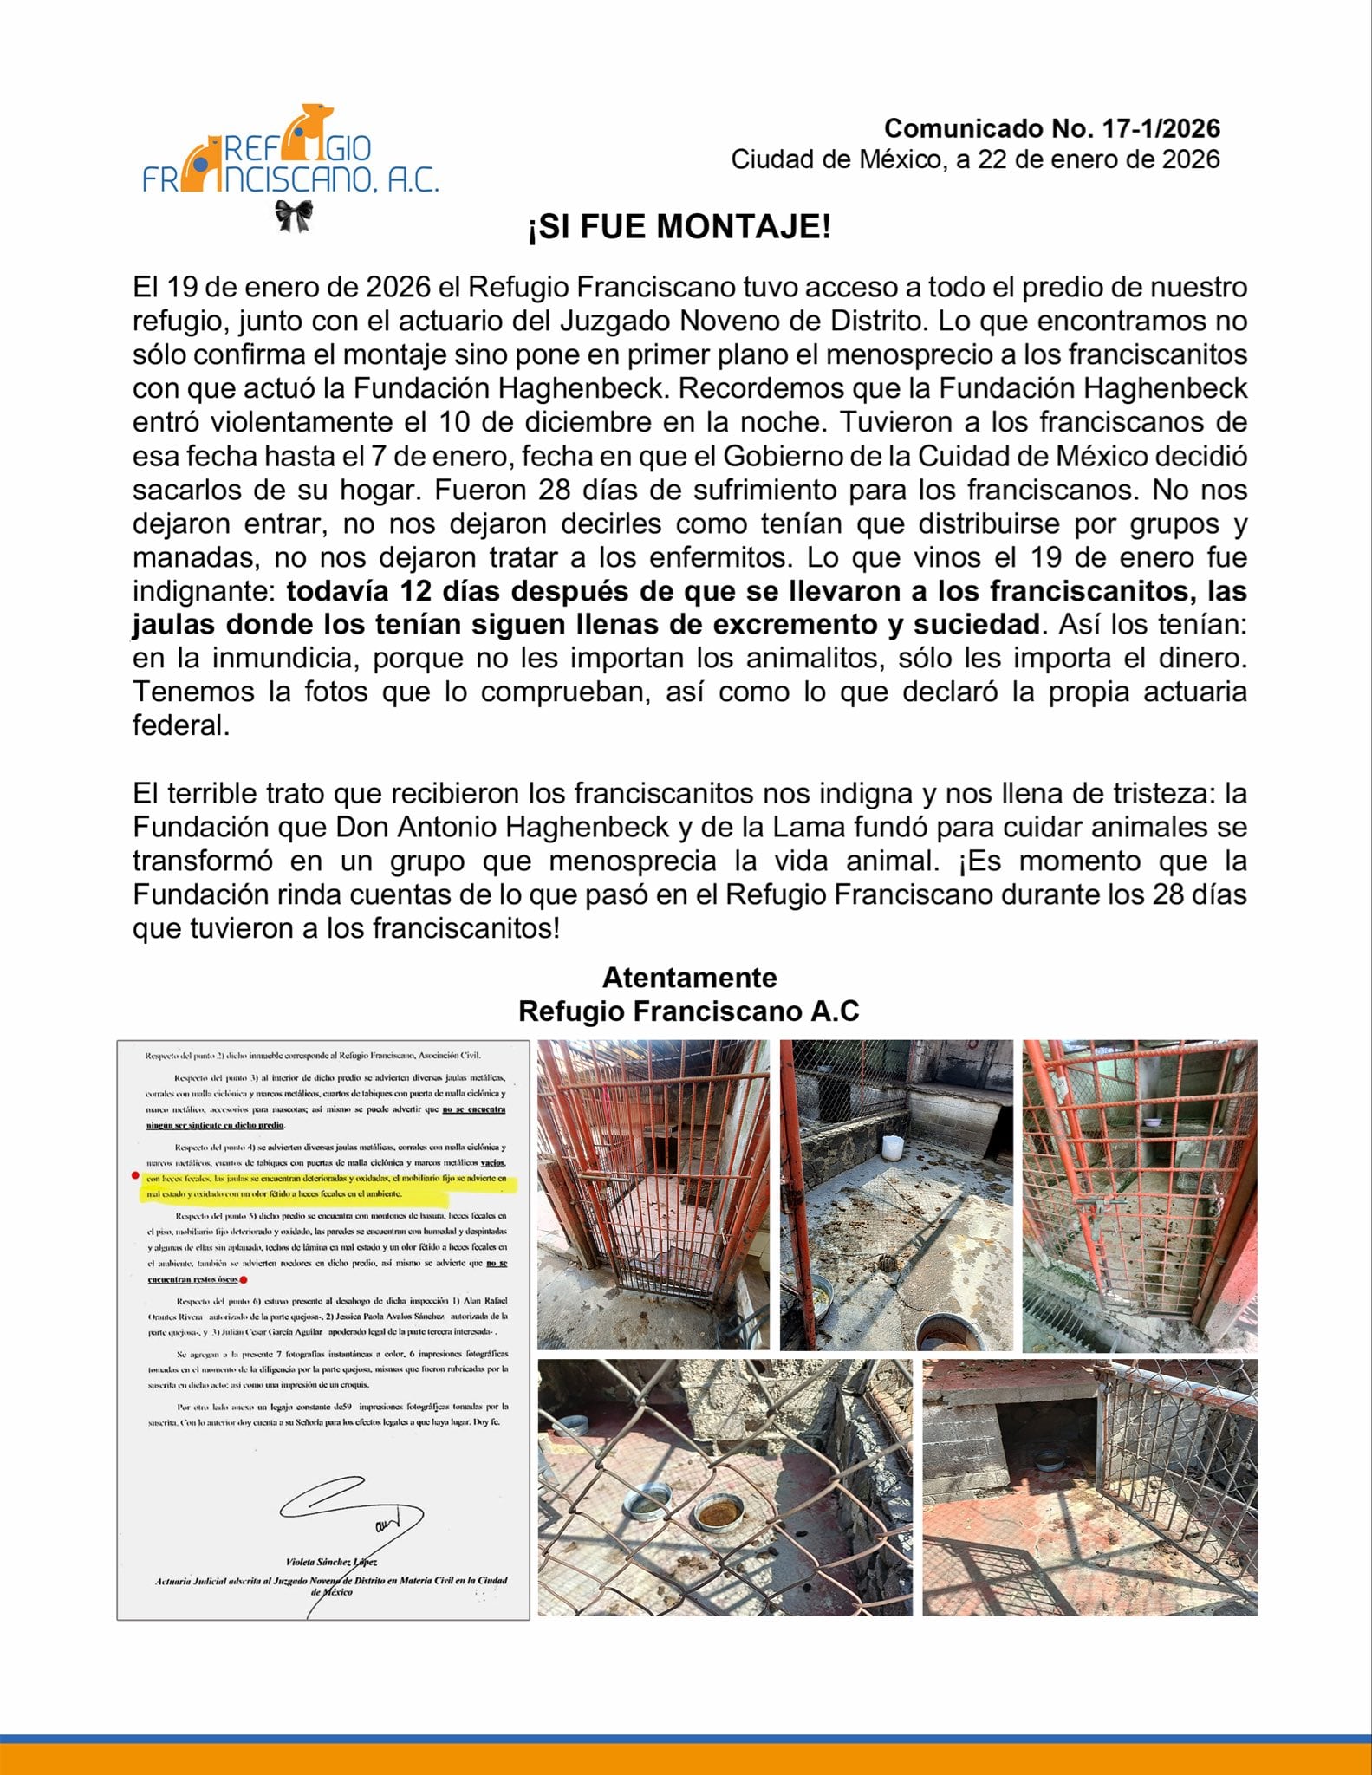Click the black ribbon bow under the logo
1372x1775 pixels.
click(x=294, y=216)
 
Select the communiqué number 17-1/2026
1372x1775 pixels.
click(x=1051, y=128)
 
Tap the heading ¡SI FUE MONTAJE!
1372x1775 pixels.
click(x=680, y=227)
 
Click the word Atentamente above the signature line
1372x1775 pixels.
click(x=689, y=977)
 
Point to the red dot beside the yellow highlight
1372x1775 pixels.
click(x=134, y=1176)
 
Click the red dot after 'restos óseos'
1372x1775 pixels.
click(x=244, y=1279)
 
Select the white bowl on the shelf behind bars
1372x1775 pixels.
click(x=1151, y=1122)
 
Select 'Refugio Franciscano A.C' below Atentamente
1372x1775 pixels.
click(x=689, y=1011)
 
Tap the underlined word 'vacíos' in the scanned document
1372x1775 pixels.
click(x=493, y=1163)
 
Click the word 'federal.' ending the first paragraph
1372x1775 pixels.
click(x=181, y=725)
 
